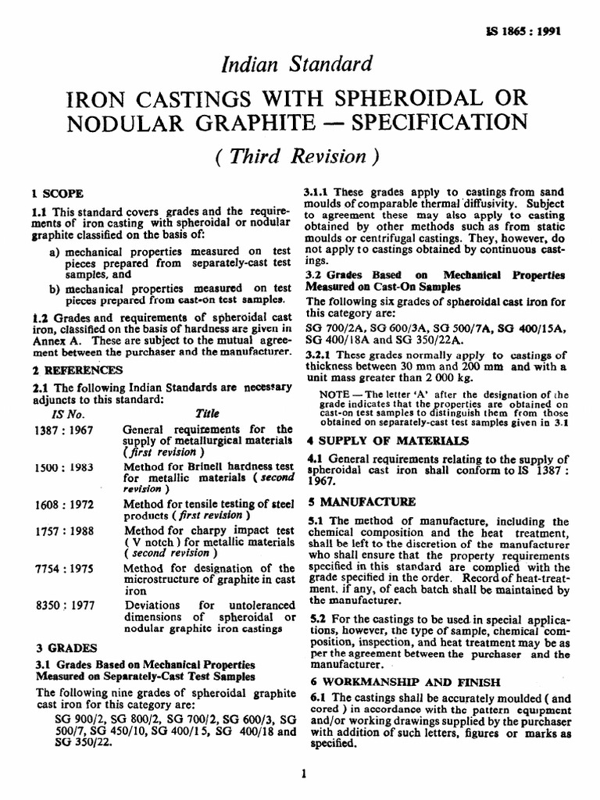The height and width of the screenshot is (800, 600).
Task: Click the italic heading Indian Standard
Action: tap(300, 64)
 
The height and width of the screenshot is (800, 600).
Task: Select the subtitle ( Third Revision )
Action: tap(300, 155)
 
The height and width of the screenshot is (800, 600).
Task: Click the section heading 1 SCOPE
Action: tap(57, 192)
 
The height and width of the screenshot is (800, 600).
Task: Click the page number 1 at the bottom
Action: tap(301, 773)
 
